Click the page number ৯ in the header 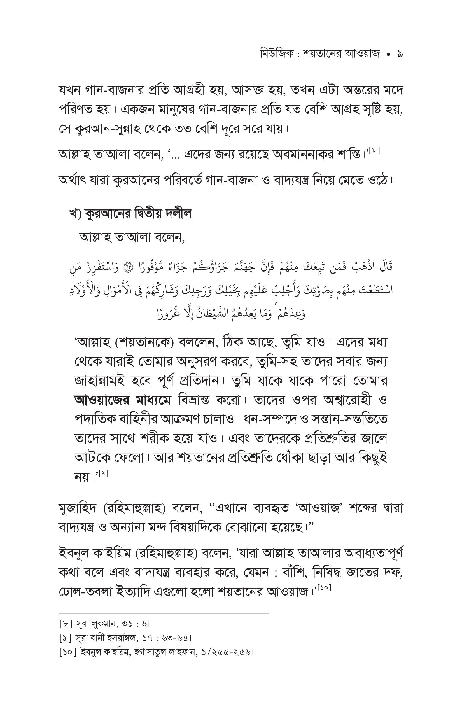point(399,55)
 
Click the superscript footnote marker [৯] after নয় point(102,474)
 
